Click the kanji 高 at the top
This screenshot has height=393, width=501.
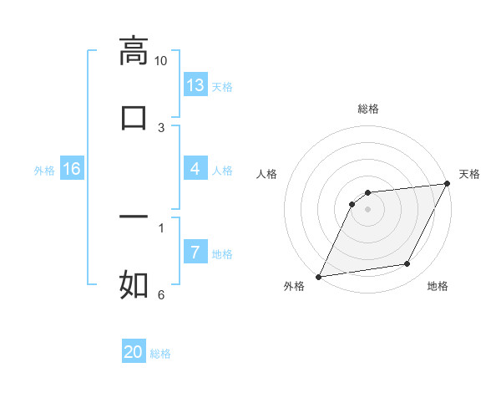134,51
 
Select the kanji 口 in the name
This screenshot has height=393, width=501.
134,117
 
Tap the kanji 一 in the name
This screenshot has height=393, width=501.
134,217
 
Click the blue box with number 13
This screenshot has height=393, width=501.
195,85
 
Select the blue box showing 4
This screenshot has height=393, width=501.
195,169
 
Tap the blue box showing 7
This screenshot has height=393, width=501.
195,253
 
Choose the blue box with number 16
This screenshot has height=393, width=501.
72,169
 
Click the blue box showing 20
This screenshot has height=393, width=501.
134,352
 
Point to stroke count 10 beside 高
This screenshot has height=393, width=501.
160,61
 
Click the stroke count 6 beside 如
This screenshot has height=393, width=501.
160,294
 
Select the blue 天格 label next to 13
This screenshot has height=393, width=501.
222,86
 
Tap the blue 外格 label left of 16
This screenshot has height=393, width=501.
44,170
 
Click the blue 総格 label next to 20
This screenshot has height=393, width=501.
160,353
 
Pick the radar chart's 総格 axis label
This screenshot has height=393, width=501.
367,109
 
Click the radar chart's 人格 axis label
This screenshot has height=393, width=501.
267,174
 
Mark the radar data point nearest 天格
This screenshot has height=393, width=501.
447,184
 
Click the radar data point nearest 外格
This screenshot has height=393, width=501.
318,276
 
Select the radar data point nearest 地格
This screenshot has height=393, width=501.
407,264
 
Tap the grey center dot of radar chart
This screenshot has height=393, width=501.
367,208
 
